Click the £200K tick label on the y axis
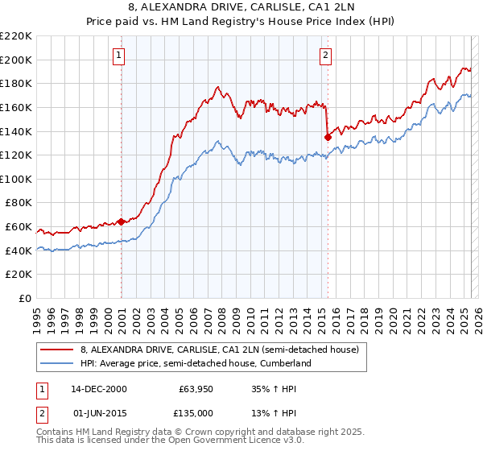tap(15, 60)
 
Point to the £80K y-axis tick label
tap(18, 203)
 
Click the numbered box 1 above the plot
tap(118, 56)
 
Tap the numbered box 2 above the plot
tap(325, 56)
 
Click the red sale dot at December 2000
tap(122, 221)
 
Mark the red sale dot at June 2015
tap(328, 137)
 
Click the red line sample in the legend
tap(57, 349)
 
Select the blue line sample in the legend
tap(57, 363)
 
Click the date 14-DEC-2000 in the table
tap(98, 389)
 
